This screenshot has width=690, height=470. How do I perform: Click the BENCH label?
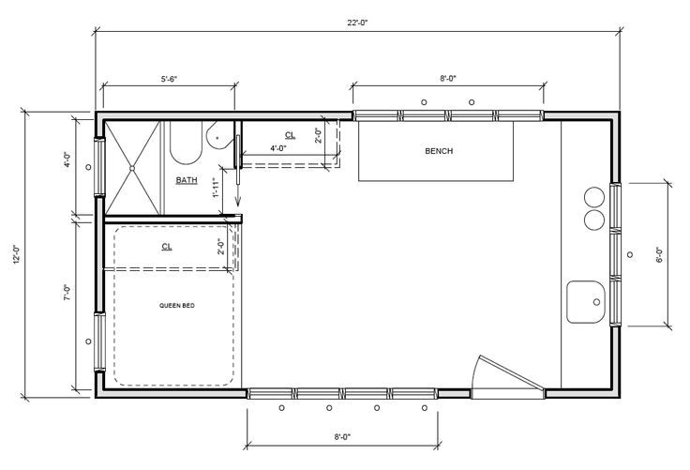pos(439,150)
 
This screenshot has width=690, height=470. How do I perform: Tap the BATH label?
pos(186,179)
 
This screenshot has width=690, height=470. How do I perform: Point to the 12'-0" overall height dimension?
pos(15,253)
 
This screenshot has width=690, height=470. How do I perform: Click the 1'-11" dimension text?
pos(216,188)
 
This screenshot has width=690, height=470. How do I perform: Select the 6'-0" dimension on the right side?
pos(659,254)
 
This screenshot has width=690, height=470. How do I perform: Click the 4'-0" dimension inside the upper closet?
pos(278,149)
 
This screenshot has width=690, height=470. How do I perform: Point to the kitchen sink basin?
pos(588,301)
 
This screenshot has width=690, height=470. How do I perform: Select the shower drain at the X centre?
pos(133,167)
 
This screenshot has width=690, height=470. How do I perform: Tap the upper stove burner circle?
pos(594,198)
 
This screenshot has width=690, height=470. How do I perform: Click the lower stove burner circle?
pos(594,220)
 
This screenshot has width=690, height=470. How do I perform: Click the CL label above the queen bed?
pos(167,247)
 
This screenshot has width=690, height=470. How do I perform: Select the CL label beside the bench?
pos(289,134)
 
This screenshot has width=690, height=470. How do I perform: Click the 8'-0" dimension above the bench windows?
pos(448,80)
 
